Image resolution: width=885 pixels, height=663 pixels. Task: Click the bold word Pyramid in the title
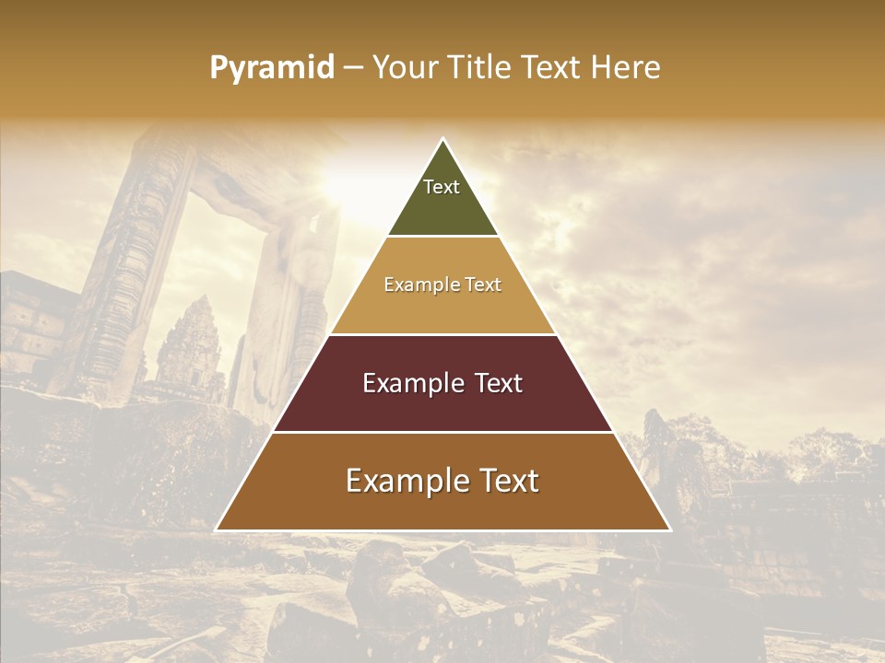[x=271, y=68]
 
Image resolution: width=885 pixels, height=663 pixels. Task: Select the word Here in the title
[x=626, y=68]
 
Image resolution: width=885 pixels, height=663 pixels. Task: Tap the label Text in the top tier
[x=442, y=187]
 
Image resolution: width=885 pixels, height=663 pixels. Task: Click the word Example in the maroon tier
[x=413, y=383]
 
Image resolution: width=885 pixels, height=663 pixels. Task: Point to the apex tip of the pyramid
[x=442, y=140]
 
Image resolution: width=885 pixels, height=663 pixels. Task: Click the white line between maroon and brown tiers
[x=442, y=432]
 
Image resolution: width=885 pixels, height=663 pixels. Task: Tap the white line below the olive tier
[x=442, y=236]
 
